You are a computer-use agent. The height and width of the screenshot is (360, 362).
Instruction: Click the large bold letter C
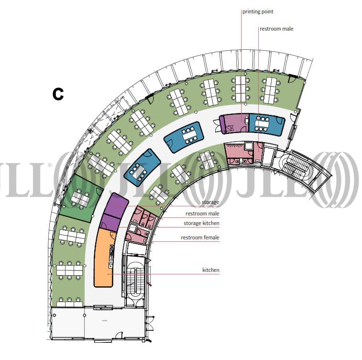(58, 94)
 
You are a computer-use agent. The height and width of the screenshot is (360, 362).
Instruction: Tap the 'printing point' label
(258, 11)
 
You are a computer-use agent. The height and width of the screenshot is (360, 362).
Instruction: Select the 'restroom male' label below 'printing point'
(276, 29)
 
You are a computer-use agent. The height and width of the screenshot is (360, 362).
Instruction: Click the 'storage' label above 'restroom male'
(210, 202)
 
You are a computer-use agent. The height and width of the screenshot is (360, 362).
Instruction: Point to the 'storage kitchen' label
(202, 223)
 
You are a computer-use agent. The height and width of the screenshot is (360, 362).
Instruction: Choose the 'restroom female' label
(200, 237)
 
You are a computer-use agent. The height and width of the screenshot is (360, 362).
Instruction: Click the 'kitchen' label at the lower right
(210, 270)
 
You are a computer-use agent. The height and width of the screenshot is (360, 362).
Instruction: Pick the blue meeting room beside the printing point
(266, 124)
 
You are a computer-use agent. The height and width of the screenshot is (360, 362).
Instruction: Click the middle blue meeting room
(184, 136)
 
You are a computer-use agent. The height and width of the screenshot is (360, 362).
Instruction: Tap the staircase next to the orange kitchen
(134, 280)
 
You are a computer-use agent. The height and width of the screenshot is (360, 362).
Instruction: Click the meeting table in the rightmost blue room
(263, 124)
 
